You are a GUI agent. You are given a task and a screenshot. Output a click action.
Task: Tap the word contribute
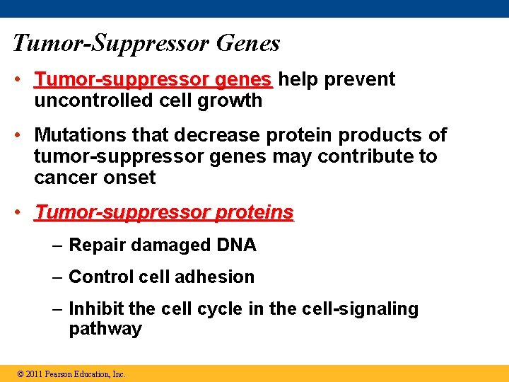coord(368,156)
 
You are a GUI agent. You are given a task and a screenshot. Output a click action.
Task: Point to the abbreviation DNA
coord(235,245)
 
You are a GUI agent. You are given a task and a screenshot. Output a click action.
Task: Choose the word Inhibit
coord(96,309)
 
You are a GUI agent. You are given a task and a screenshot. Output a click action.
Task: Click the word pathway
coord(105,329)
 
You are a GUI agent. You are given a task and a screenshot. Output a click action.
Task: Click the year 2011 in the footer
coord(34,374)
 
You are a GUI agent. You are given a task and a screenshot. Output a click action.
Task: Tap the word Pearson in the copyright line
coord(59,374)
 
